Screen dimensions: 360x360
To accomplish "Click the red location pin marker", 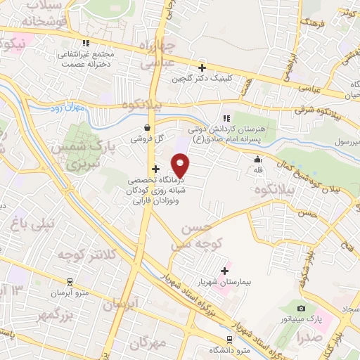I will coord(181,166).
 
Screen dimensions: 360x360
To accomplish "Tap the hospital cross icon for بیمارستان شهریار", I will coord(225,271).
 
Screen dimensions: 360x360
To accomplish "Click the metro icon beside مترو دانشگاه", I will coord(211,349).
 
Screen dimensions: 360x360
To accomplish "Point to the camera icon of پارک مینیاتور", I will coord(301,308).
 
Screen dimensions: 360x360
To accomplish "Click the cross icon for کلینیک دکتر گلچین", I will coord(202,68).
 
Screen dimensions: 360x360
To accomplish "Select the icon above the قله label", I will coord(258,159).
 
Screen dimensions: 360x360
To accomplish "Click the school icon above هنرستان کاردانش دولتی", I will coord(226,118).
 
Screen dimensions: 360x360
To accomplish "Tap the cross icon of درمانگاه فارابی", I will coord(155,169).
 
